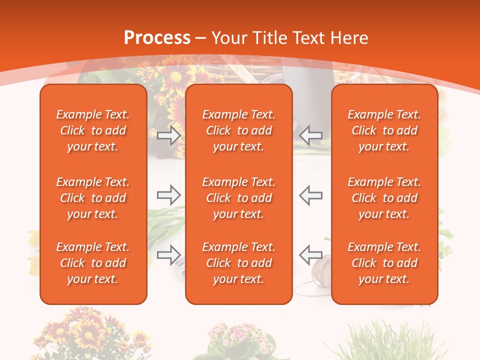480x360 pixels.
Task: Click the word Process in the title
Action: (x=157, y=38)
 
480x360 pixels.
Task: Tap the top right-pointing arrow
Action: (x=169, y=135)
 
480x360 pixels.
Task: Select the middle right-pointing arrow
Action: (x=169, y=195)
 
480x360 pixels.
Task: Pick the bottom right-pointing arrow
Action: (x=169, y=255)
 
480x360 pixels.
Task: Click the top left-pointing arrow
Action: (x=310, y=135)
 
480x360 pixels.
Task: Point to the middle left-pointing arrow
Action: (x=310, y=195)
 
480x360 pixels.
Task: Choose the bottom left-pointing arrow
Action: (x=310, y=254)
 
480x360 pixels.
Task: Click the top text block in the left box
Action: (x=93, y=130)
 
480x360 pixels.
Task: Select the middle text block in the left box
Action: (x=93, y=198)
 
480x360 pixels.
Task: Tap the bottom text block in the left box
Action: (x=93, y=263)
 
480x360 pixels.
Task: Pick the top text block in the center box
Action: (x=239, y=130)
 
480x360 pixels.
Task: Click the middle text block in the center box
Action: (x=239, y=198)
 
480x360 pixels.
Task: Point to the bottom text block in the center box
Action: (x=239, y=263)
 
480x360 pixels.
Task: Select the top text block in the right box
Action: (x=384, y=130)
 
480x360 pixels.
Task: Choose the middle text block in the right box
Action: (x=384, y=198)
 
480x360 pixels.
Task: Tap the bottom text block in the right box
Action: (x=384, y=263)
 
